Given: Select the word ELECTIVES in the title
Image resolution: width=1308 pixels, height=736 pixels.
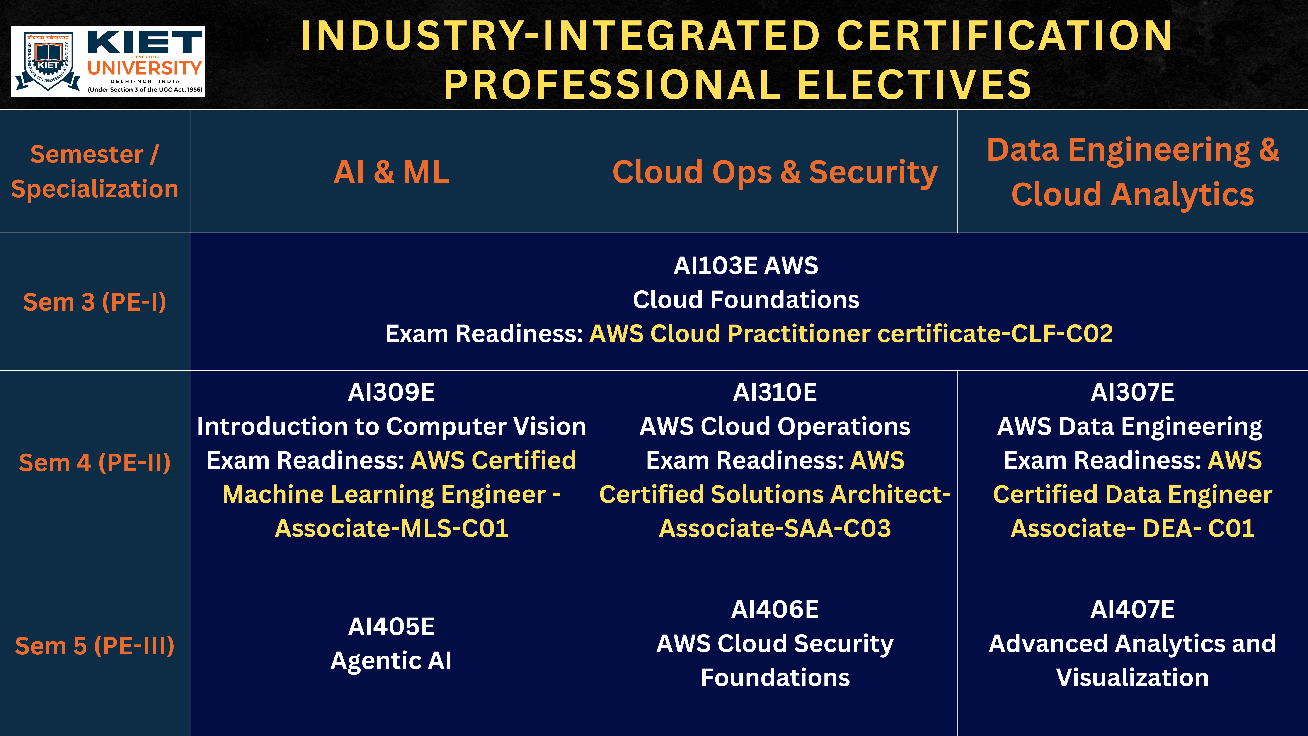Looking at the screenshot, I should pos(914,84).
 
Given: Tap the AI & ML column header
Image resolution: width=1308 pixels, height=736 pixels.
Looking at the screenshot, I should pos(391,172).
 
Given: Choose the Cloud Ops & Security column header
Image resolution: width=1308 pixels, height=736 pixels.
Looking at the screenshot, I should pos(775,172).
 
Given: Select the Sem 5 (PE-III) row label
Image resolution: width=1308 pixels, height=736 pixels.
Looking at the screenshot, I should pos(95,645).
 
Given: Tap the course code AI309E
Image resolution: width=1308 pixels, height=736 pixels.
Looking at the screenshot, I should pos(391,392).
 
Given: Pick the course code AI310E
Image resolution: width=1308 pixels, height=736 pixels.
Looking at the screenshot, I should pos(775,392).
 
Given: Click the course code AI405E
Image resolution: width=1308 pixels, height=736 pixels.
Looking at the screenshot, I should pos(391,626).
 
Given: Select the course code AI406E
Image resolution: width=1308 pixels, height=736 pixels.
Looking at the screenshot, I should pos(775,610).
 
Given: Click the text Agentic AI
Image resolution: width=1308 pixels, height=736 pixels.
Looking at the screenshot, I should pos(391,661).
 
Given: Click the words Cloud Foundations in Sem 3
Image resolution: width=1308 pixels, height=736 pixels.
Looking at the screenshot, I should pos(746,300).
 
